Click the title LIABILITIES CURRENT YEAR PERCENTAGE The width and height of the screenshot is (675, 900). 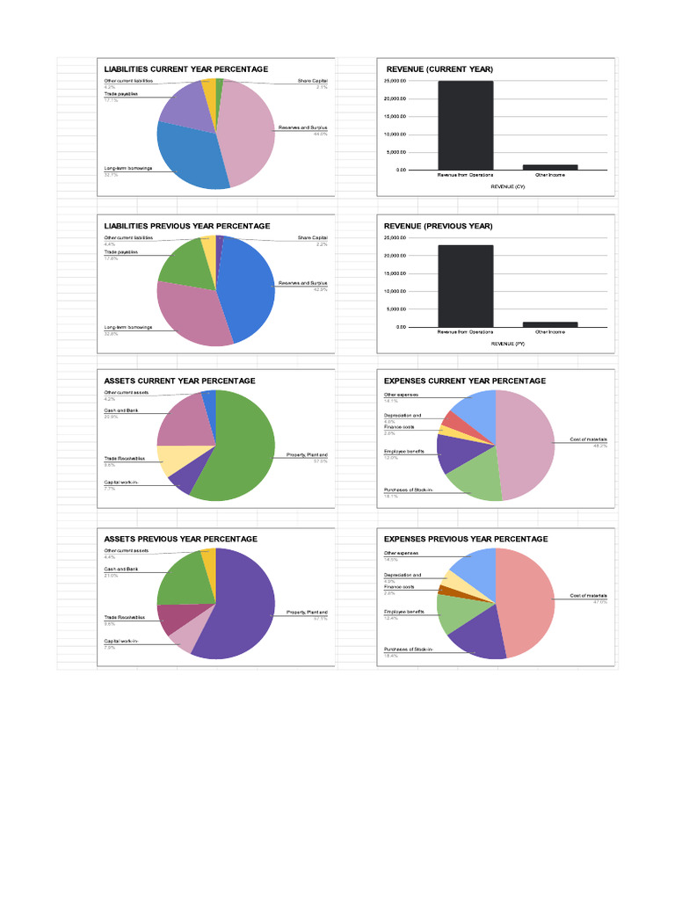(x=186, y=69)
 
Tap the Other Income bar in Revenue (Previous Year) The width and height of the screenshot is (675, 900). (x=550, y=324)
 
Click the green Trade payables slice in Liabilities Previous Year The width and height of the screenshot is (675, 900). (x=184, y=261)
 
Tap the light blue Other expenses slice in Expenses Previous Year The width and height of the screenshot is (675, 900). (x=475, y=567)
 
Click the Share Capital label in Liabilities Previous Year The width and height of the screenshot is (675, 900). (x=312, y=237)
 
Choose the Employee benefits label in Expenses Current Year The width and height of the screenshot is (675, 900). (x=403, y=451)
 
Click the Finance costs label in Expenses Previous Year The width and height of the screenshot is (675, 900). (x=399, y=586)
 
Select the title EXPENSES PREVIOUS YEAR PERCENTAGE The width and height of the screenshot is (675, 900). (x=466, y=539)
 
